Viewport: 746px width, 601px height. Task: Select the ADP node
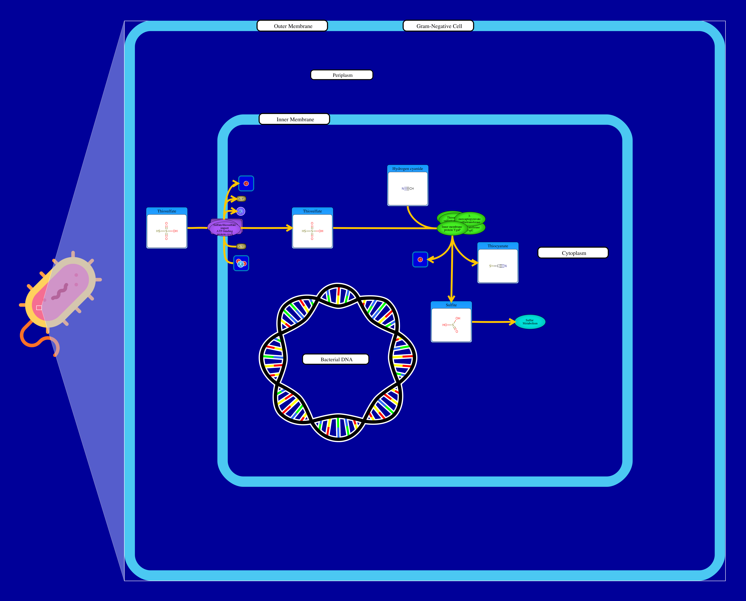241,199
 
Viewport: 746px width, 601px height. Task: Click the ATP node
241,247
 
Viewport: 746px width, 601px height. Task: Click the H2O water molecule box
241,264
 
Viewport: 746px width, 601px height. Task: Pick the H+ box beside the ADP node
246,184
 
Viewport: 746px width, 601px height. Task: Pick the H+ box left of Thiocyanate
420,260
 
